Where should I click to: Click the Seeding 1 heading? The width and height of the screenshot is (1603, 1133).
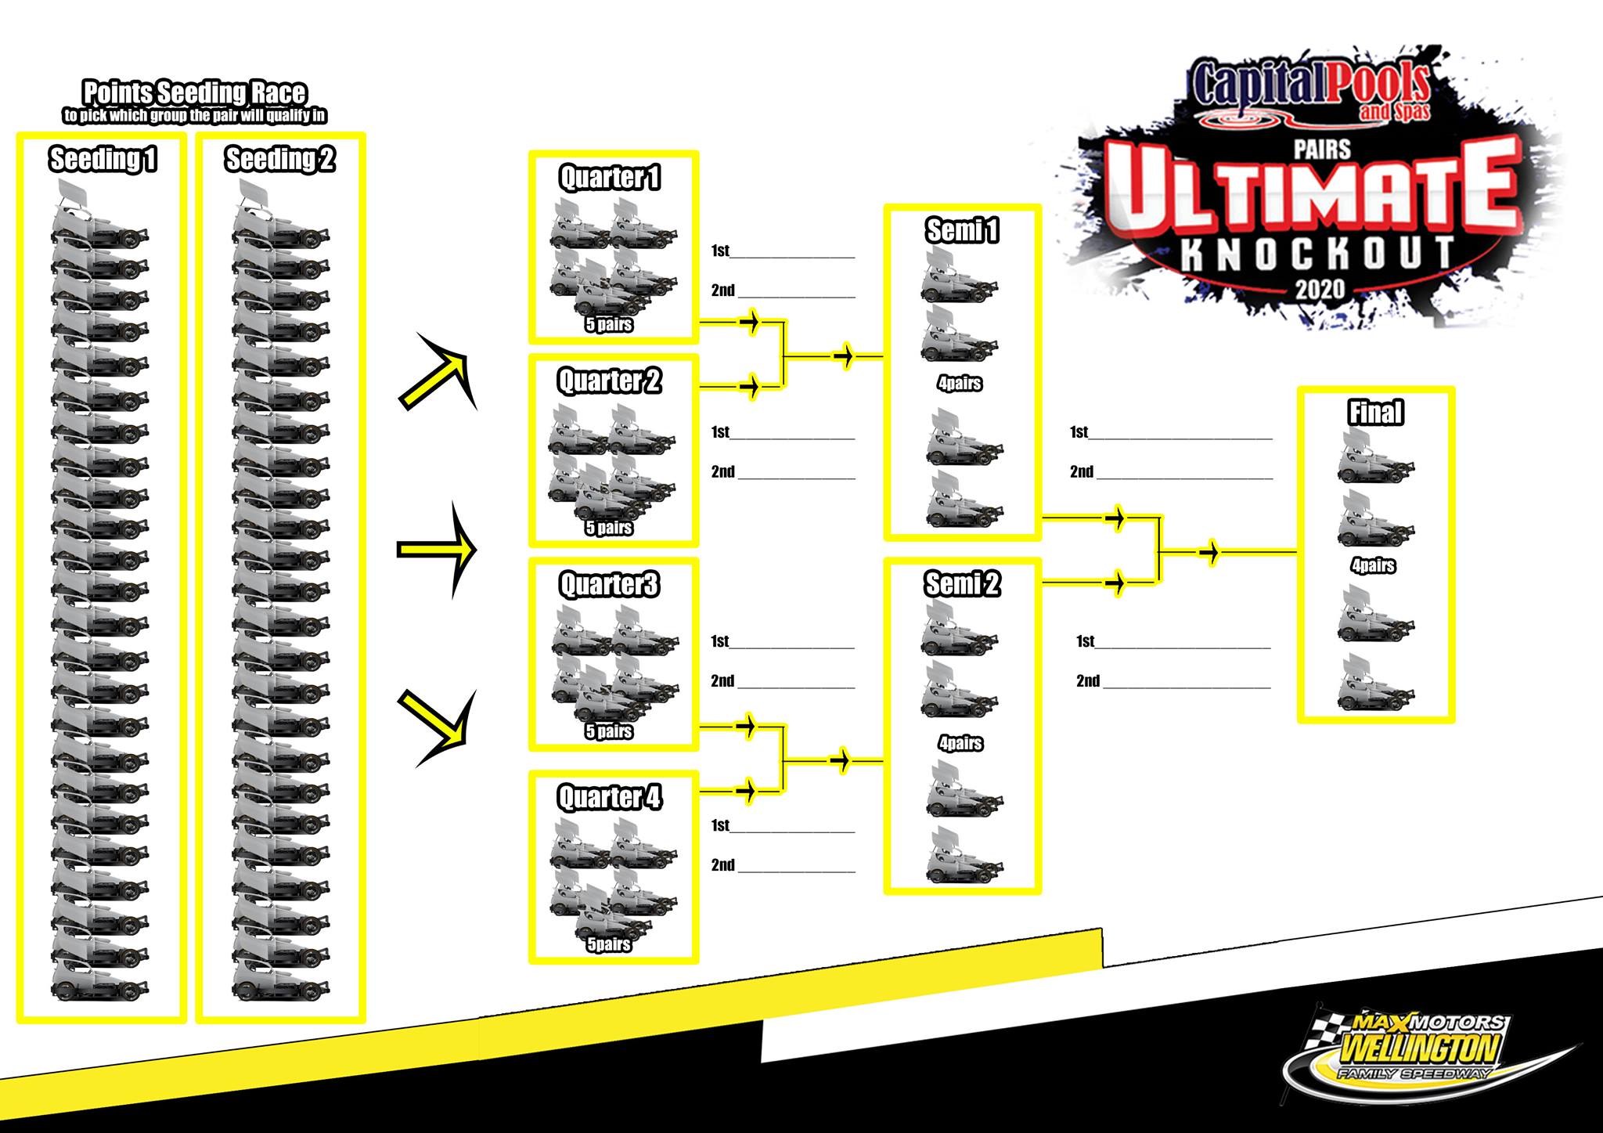coord(103,159)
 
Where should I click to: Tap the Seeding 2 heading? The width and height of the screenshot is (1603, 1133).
coord(280,159)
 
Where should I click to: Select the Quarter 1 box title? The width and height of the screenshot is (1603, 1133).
coord(610,178)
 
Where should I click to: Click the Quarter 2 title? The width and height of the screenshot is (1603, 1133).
coord(610,381)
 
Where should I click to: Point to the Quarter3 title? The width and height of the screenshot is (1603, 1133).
coord(610,585)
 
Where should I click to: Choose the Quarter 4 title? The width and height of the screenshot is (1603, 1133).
coord(610,798)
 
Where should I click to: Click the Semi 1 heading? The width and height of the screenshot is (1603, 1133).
coord(963,230)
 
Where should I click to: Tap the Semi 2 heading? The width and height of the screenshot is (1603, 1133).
coord(963,584)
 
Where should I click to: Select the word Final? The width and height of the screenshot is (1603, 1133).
coord(1376,413)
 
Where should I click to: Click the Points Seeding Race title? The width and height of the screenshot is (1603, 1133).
coord(194,92)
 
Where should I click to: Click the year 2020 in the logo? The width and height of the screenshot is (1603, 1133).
coord(1320,290)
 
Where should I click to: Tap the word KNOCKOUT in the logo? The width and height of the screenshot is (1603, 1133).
coord(1317,254)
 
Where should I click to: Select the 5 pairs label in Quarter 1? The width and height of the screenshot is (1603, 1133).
coord(609,325)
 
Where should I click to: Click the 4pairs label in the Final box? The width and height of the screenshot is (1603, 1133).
coord(1374,565)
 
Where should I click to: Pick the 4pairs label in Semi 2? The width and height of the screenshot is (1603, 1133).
coord(960,743)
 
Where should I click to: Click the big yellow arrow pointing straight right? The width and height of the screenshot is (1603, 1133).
coord(437,550)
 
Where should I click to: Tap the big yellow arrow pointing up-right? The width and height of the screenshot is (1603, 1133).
coord(438,371)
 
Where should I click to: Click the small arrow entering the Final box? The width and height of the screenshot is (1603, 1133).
coord(1211,552)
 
